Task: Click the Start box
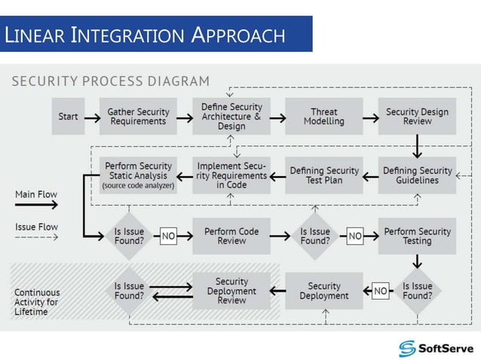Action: [67, 117]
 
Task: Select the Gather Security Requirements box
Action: [137, 117]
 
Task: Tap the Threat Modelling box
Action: [324, 117]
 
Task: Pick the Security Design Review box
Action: [417, 117]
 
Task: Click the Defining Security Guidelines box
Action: [417, 175]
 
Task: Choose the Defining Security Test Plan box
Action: [324, 175]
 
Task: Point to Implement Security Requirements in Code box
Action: [231, 175]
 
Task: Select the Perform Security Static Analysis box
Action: [138, 175]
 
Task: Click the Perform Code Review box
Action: [231, 236]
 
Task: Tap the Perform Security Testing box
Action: [417, 236]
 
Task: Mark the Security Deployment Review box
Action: [231, 291]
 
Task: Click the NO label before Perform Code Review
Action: [169, 236]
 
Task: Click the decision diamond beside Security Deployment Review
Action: [129, 291]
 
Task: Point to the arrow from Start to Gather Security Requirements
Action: [91, 117]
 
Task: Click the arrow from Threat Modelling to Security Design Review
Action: [370, 117]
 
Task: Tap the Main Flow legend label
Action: [36, 194]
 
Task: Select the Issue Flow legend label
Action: [36, 227]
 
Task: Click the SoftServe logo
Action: [437, 347]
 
